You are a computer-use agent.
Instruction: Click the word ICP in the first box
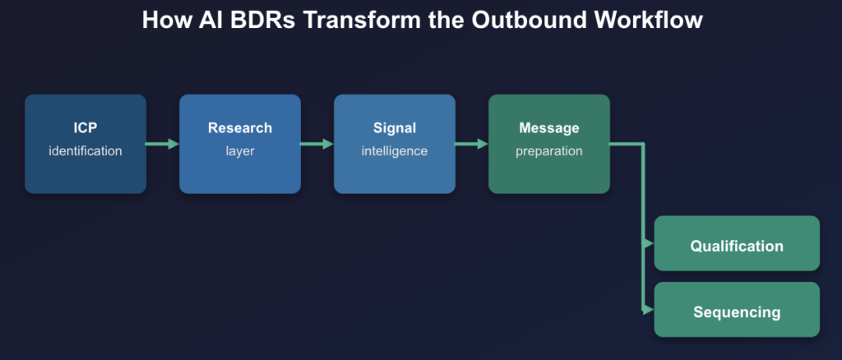[x=86, y=128]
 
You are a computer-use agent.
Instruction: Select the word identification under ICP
[x=86, y=151]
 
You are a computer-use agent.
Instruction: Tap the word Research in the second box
[x=239, y=128]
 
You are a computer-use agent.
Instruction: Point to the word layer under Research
[x=239, y=151]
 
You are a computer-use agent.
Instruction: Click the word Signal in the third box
[x=394, y=128]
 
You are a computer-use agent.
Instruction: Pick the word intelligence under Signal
[x=394, y=151]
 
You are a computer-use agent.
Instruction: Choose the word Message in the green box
[x=548, y=128]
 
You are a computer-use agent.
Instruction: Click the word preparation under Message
[x=548, y=151]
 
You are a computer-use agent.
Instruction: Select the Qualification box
[x=737, y=245]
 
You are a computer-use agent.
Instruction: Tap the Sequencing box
[x=737, y=312]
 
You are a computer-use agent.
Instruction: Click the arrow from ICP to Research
[x=163, y=144]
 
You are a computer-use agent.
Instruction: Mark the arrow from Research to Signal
[x=317, y=144]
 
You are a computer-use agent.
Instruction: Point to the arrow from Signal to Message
[x=471, y=144]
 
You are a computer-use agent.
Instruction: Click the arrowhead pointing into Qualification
[x=649, y=244]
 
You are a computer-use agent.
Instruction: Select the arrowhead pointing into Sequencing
[x=649, y=310]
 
